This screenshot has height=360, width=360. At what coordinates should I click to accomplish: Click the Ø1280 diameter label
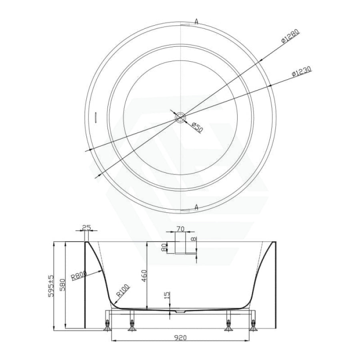[x=290, y=36]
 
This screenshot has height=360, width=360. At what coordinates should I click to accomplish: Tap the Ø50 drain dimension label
[x=197, y=128]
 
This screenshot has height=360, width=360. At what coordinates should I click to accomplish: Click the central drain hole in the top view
[x=180, y=117]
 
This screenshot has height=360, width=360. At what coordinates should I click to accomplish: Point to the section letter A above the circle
[x=196, y=22]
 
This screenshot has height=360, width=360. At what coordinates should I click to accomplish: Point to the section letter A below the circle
[x=196, y=208]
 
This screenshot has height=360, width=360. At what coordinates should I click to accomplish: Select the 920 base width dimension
[x=180, y=338]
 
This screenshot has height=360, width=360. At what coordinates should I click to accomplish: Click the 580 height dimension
[x=62, y=285]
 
